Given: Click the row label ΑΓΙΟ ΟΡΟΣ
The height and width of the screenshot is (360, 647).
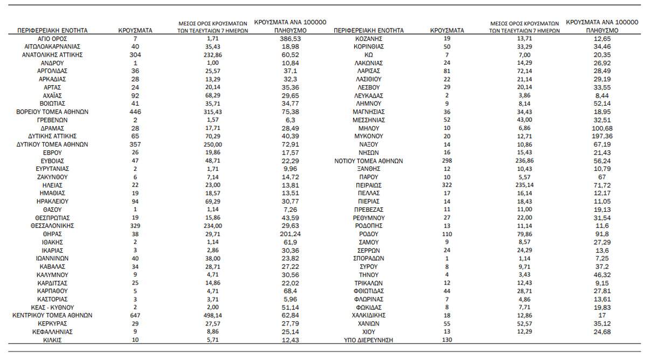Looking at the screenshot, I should tap(52, 39).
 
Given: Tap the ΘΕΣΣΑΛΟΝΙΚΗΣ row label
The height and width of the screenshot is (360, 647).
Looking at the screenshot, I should tap(52, 226).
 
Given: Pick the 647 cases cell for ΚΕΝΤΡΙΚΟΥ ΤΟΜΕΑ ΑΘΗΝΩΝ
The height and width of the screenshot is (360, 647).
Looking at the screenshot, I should tap(135, 315).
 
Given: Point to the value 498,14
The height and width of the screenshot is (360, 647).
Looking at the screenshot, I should tap(213, 315).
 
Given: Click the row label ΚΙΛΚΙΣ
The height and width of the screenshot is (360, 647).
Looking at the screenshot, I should tap(52, 340).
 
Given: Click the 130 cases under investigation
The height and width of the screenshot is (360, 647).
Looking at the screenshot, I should tap(447, 340).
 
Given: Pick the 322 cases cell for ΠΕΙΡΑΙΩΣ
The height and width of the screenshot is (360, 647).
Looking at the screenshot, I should tap(447, 185).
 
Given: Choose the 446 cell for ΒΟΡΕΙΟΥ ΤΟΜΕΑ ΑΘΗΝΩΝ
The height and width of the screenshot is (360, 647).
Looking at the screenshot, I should tap(135, 112).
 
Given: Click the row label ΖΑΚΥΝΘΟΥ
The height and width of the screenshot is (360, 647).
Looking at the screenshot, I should tap(52, 177).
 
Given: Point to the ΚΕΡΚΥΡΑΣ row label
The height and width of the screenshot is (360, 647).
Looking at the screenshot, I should tap(52, 323).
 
